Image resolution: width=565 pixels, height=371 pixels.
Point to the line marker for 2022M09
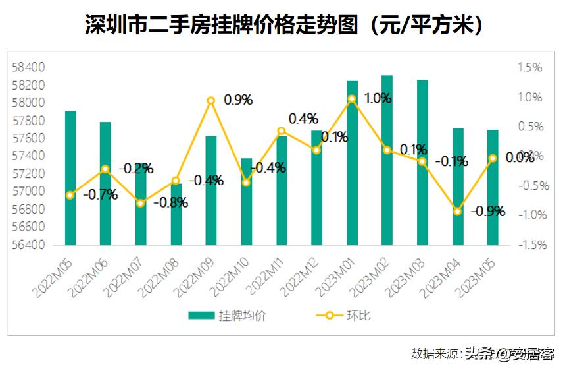(x=211, y=101)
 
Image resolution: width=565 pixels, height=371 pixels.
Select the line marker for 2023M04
(x=458, y=211)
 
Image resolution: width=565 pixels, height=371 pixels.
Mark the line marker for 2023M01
(x=352, y=99)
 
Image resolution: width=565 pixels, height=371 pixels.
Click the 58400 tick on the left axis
(x=29, y=67)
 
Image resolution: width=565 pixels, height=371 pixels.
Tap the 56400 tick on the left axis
(x=29, y=244)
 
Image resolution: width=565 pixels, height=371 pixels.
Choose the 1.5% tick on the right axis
(x=529, y=67)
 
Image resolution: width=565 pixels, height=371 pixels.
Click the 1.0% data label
(x=378, y=98)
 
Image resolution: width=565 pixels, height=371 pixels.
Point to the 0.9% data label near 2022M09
(x=238, y=100)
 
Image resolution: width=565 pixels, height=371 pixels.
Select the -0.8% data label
(x=170, y=202)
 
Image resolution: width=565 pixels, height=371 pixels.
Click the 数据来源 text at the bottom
(x=434, y=354)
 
